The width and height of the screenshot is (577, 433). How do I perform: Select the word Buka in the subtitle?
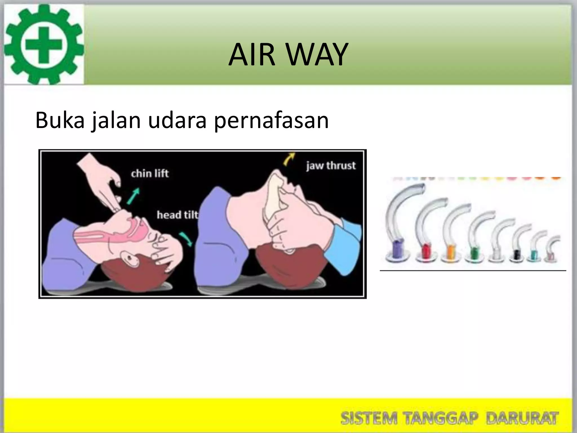point(60,120)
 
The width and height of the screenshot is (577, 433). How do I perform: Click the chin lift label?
point(150,173)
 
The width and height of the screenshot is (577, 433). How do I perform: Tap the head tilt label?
point(177,215)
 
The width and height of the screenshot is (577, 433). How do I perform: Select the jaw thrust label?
point(331,165)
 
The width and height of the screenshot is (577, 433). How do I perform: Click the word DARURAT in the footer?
point(522,418)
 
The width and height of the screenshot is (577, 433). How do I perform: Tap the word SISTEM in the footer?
point(369,418)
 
